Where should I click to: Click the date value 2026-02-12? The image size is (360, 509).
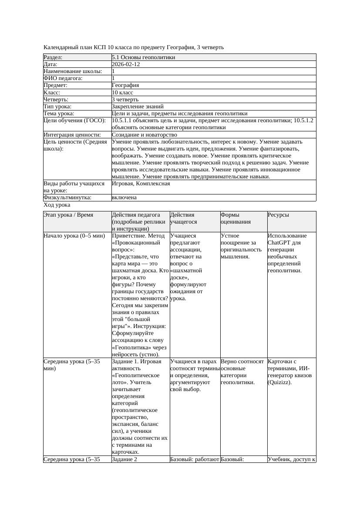(x=126, y=64)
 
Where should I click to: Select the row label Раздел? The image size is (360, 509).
(x=53, y=57)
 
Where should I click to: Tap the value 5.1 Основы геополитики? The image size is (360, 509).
(x=143, y=57)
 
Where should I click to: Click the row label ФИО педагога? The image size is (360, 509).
(x=63, y=78)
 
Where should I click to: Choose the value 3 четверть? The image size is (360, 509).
(x=125, y=100)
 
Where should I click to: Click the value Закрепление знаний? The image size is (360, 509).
(x=138, y=107)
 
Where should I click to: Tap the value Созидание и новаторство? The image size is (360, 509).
(x=144, y=135)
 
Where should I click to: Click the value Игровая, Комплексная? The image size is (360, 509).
(x=141, y=184)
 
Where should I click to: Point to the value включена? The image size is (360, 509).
(x=124, y=198)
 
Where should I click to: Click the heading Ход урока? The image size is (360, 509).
(x=57, y=205)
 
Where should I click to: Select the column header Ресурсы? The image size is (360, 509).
(x=278, y=215)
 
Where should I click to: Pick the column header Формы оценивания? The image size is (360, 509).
(x=236, y=218)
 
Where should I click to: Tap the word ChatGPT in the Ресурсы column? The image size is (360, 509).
(x=278, y=243)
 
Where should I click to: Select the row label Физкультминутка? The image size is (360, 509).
(x=67, y=198)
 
